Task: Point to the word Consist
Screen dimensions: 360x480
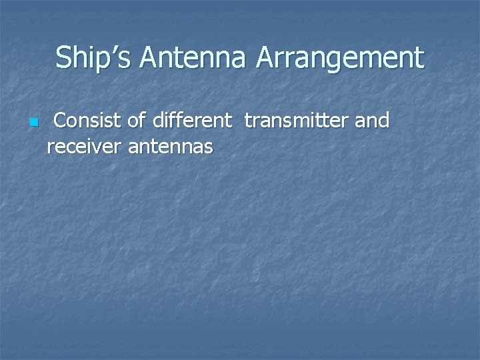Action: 86,121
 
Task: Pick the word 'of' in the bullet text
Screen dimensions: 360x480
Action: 134,121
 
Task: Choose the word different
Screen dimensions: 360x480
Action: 193,121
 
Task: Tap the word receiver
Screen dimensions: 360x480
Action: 81,146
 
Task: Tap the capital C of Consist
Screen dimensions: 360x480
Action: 60,121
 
